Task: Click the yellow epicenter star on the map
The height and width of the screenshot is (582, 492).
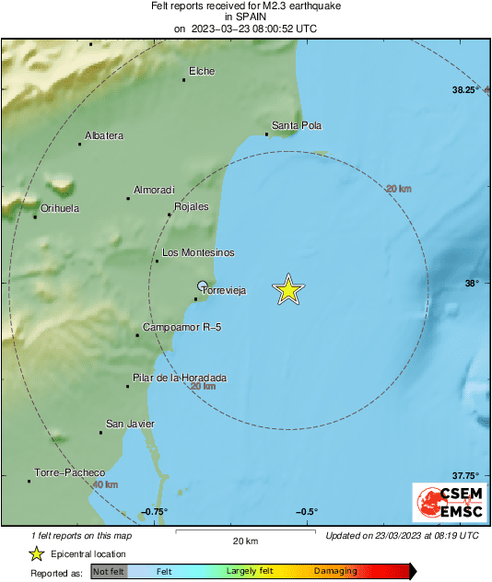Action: click(288, 290)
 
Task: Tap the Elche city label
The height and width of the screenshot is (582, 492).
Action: click(202, 71)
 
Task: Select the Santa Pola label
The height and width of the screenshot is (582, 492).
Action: click(296, 125)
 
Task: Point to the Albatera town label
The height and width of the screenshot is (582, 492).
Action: click(103, 135)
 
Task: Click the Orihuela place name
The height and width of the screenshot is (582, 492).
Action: click(57, 208)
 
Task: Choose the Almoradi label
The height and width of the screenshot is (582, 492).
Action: click(154, 190)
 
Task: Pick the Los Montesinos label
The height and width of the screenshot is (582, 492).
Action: click(198, 252)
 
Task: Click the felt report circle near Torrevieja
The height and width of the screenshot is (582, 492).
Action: click(203, 285)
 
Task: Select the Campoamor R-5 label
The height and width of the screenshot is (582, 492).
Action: click(182, 327)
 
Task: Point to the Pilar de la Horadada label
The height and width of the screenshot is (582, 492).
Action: click(180, 378)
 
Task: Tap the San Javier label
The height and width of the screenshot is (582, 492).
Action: click(130, 424)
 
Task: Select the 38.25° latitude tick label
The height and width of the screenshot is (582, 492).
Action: click(464, 90)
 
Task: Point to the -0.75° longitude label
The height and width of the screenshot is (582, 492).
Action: click(155, 512)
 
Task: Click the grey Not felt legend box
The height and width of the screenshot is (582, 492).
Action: click(109, 571)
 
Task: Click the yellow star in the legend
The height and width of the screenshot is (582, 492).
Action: click(37, 553)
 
